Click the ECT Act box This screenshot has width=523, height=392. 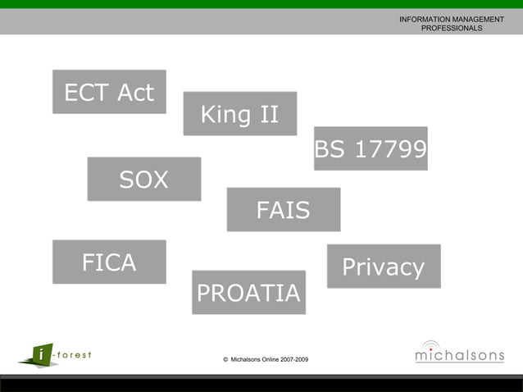pyautogui.click(x=109, y=92)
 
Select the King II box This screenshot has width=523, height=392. pyautogui.click(x=239, y=113)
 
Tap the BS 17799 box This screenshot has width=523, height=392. pyautogui.click(x=371, y=148)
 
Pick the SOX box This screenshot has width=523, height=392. pyautogui.click(x=143, y=179)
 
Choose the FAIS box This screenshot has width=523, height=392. pyautogui.click(x=283, y=210)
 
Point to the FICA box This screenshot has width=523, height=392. pyautogui.click(x=109, y=262)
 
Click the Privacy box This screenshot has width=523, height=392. pyautogui.click(x=383, y=267)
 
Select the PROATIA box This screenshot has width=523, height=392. pyautogui.click(x=248, y=292)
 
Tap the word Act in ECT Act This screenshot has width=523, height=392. pyautogui.click(x=135, y=93)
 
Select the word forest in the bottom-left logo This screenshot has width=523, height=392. pyautogui.click(x=73, y=354)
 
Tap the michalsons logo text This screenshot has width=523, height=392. pyautogui.click(x=459, y=356)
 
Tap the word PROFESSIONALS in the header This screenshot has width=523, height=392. pyautogui.click(x=452, y=28)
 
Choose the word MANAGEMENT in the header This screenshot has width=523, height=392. pyautogui.click(x=477, y=19)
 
